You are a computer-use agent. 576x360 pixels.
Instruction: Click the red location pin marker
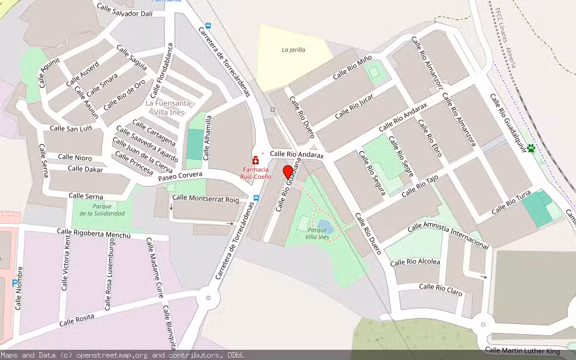pyautogui.click(x=287, y=172)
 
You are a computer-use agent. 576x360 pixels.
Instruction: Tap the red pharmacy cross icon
pyautogui.click(x=256, y=161)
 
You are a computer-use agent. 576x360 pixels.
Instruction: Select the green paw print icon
pyautogui.click(x=530, y=148)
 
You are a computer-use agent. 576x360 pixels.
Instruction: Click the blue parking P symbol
pyautogui.click(x=15, y=283)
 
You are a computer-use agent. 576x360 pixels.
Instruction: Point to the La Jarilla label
pyautogui.click(x=293, y=50)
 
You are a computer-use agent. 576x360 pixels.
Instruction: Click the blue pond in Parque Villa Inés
pyautogui.click(x=323, y=226)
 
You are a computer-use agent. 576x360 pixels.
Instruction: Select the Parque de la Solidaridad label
pyautogui.click(x=102, y=210)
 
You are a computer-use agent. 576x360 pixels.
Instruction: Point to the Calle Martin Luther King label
pyautogui.click(x=522, y=350)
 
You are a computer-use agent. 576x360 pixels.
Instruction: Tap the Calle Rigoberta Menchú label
pyautogui.click(x=93, y=233)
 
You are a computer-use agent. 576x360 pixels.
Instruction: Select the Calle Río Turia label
pyautogui.click(x=511, y=203)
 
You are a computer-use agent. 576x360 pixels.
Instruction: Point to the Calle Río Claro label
pyautogui.click(x=440, y=289)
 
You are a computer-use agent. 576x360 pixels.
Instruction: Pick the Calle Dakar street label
pyautogui.click(x=85, y=169)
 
